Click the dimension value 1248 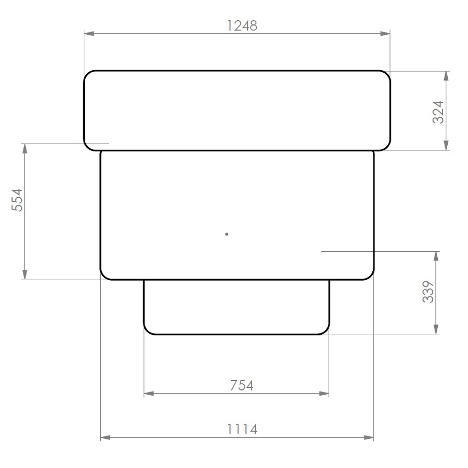coord(242,25)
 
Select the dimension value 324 coord(438,111)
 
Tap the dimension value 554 coord(17,200)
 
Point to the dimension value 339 coord(427,292)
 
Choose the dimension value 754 coord(241,385)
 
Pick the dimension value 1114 coord(242,430)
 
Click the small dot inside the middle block coord(227,234)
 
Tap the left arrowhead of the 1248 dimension coord(89,34)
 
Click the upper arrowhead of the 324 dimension coord(446,76)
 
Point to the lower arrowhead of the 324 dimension coord(446,145)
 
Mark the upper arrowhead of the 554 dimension coord(24,148)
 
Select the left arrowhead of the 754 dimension coord(149,394)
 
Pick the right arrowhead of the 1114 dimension coord(369,438)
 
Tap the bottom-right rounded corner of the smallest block coord(326,331)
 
